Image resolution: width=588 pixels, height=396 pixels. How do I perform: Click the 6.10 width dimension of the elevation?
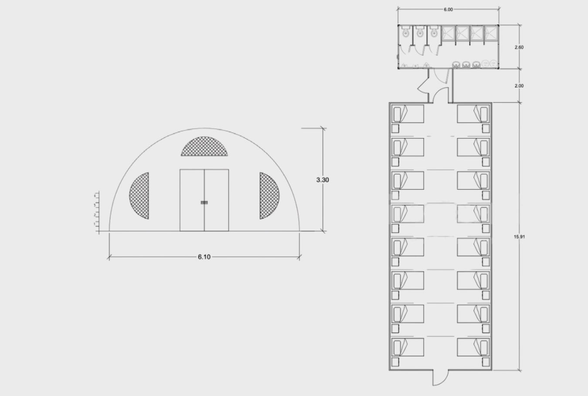[204, 257]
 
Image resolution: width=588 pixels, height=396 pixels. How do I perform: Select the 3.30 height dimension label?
[323, 180]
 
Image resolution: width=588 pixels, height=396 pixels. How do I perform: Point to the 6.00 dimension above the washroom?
[448, 10]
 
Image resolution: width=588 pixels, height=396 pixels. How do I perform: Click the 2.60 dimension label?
[519, 47]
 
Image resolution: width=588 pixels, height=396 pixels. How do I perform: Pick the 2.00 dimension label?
[519, 86]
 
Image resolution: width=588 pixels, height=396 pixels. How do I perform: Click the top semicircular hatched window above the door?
[204, 147]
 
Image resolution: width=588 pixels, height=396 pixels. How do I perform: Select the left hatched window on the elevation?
[140, 196]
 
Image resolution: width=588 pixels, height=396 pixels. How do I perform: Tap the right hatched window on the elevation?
[269, 196]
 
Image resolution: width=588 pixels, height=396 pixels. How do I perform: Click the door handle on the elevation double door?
[204, 202]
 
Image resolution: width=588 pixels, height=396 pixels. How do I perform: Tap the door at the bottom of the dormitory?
[438, 378]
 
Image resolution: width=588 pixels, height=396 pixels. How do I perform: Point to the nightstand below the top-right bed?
[485, 129]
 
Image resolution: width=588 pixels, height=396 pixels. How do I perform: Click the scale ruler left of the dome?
[96, 212]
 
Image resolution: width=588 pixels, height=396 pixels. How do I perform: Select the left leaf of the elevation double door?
[192, 200]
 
